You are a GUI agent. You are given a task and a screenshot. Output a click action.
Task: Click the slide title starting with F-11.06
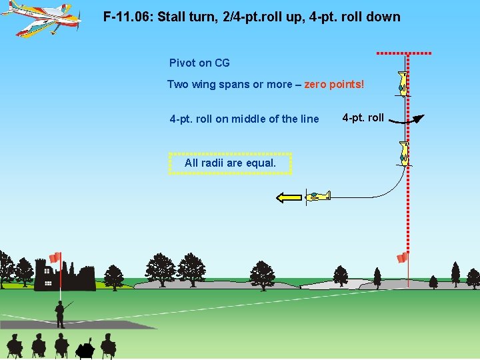[252, 17]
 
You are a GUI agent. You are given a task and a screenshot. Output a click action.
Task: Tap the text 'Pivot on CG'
[199, 63]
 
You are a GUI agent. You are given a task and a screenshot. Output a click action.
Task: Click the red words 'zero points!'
[334, 84]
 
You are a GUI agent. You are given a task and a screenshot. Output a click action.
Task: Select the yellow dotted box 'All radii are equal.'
[230, 163]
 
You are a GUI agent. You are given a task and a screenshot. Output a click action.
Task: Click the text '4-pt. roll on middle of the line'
[244, 119]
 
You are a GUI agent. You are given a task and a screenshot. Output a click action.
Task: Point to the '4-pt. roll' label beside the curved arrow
[363, 118]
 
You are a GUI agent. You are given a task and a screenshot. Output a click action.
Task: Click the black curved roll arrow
[407, 121]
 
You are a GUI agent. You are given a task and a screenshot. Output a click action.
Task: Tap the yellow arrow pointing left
[288, 197]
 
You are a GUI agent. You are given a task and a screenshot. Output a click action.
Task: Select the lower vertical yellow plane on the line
[403, 154]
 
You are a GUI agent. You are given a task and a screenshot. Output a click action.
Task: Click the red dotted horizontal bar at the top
[404, 53]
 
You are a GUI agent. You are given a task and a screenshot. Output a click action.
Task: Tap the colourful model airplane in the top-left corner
[41, 17]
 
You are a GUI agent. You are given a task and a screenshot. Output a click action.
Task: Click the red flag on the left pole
[55, 257]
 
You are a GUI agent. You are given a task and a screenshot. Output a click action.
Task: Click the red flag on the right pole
[402, 257]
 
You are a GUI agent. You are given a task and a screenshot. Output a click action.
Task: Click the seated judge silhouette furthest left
[14, 345]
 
